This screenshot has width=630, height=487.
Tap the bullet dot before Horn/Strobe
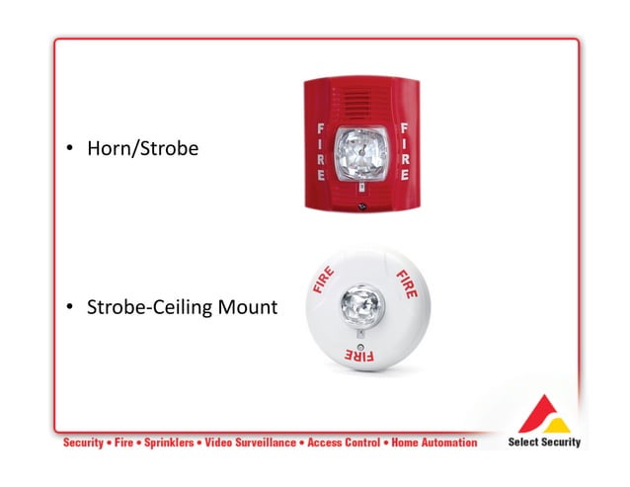pos(71,150)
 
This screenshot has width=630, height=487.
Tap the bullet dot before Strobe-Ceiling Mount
pos(71,309)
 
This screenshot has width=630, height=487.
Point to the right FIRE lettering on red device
pos(403,150)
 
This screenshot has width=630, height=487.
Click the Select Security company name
pos(544,442)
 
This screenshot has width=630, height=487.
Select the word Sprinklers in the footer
pos(162,443)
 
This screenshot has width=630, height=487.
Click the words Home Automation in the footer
pos(433,443)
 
